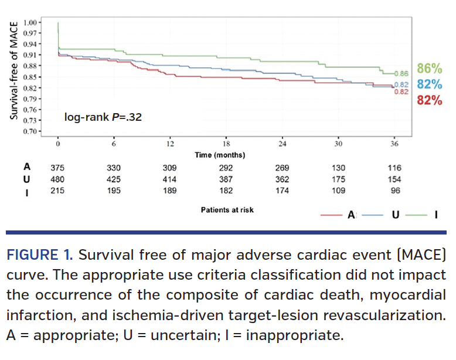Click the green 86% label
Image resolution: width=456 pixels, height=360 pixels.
pyautogui.click(x=429, y=69)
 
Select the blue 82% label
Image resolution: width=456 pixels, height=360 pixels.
pyautogui.click(x=429, y=84)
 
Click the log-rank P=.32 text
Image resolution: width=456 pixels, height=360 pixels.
pyautogui.click(x=103, y=117)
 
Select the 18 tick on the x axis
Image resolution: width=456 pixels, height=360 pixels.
pyautogui.click(x=226, y=144)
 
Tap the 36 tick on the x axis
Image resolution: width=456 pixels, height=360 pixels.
pyautogui.click(x=393, y=144)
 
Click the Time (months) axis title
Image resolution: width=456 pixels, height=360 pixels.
pyautogui.click(x=220, y=155)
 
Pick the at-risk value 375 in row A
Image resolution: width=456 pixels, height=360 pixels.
pyautogui.click(x=58, y=168)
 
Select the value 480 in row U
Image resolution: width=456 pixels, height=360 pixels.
pyautogui.click(x=58, y=179)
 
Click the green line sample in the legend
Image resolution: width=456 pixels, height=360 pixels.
pyautogui.click(x=416, y=215)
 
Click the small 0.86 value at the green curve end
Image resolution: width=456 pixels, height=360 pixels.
pyautogui.click(x=401, y=73)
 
